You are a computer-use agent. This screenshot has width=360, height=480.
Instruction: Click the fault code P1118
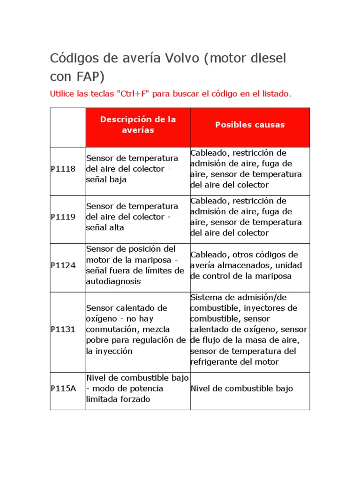pyautogui.click(x=63, y=169)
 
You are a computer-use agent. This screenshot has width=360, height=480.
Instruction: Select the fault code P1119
pyautogui.click(x=63, y=217)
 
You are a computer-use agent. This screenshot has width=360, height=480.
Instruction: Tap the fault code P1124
pyautogui.click(x=63, y=265)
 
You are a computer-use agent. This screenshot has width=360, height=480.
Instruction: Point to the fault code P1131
pyautogui.click(x=63, y=330)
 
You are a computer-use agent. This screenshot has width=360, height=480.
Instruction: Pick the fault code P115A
pyautogui.click(x=63, y=389)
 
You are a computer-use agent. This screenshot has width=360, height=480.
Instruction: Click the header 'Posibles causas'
pyautogui.click(x=250, y=125)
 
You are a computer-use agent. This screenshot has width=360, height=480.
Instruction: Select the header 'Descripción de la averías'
pyautogui.click(x=138, y=125)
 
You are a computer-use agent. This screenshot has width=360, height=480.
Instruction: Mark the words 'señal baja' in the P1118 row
pyautogui.click(x=106, y=180)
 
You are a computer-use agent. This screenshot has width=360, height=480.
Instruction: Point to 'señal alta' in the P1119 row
pyautogui.click(x=106, y=228)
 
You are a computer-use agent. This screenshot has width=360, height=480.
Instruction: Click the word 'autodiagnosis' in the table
pyautogui.click(x=113, y=281)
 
